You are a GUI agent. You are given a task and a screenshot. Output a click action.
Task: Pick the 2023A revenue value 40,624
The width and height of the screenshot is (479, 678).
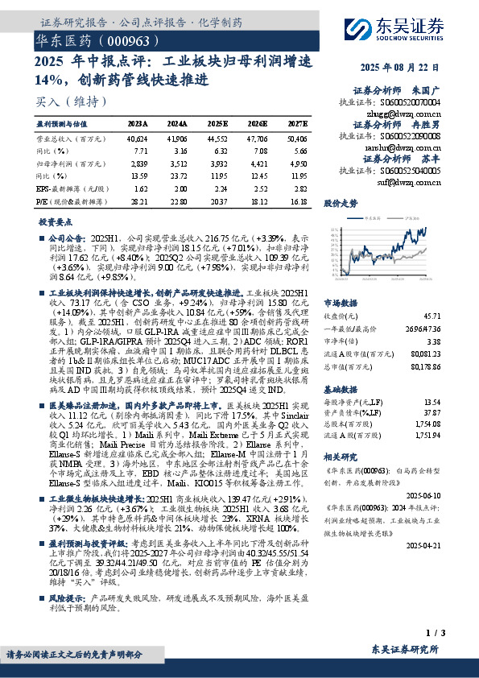(x=137, y=138)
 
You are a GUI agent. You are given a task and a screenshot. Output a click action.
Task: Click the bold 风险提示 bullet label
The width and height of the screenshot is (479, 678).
(x=68, y=598)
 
